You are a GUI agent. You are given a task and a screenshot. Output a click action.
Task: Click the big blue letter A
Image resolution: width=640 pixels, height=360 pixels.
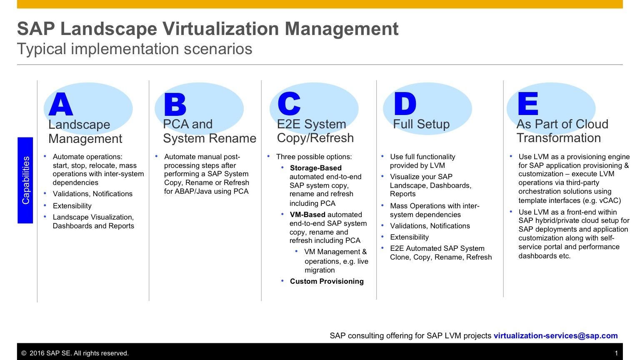click(x=60, y=104)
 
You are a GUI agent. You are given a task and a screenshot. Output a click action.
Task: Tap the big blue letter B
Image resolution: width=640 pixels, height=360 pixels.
click(x=175, y=104)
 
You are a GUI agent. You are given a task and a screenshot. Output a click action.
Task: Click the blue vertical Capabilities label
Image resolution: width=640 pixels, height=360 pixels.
click(x=25, y=180)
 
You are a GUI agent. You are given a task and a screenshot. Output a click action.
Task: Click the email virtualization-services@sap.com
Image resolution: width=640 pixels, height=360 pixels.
click(x=556, y=335)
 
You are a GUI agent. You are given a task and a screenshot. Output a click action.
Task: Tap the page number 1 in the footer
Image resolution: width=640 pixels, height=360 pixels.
click(x=616, y=353)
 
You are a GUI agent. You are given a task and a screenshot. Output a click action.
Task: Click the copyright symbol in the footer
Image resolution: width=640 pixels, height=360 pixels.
click(x=24, y=353)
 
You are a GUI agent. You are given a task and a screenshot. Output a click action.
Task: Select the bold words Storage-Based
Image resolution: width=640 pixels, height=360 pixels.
click(x=316, y=168)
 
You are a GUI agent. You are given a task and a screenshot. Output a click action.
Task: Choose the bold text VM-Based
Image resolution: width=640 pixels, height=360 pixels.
click(x=307, y=215)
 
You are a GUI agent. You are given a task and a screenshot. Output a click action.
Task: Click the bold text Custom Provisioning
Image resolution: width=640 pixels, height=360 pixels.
click(x=327, y=281)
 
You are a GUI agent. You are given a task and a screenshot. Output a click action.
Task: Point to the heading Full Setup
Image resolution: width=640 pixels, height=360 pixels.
click(x=421, y=124)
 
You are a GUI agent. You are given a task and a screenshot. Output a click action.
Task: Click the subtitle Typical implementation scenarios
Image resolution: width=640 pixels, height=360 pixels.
click(x=135, y=49)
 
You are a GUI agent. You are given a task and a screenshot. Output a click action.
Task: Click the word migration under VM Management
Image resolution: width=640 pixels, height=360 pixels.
click(x=320, y=270)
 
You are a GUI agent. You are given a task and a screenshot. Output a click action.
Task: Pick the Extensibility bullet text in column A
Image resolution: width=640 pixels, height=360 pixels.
click(x=72, y=206)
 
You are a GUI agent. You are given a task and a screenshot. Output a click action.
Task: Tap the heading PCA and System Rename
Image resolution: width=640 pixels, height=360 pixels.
click(x=210, y=131)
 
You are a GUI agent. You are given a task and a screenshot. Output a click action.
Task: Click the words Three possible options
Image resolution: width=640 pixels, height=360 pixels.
click(x=314, y=157)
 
